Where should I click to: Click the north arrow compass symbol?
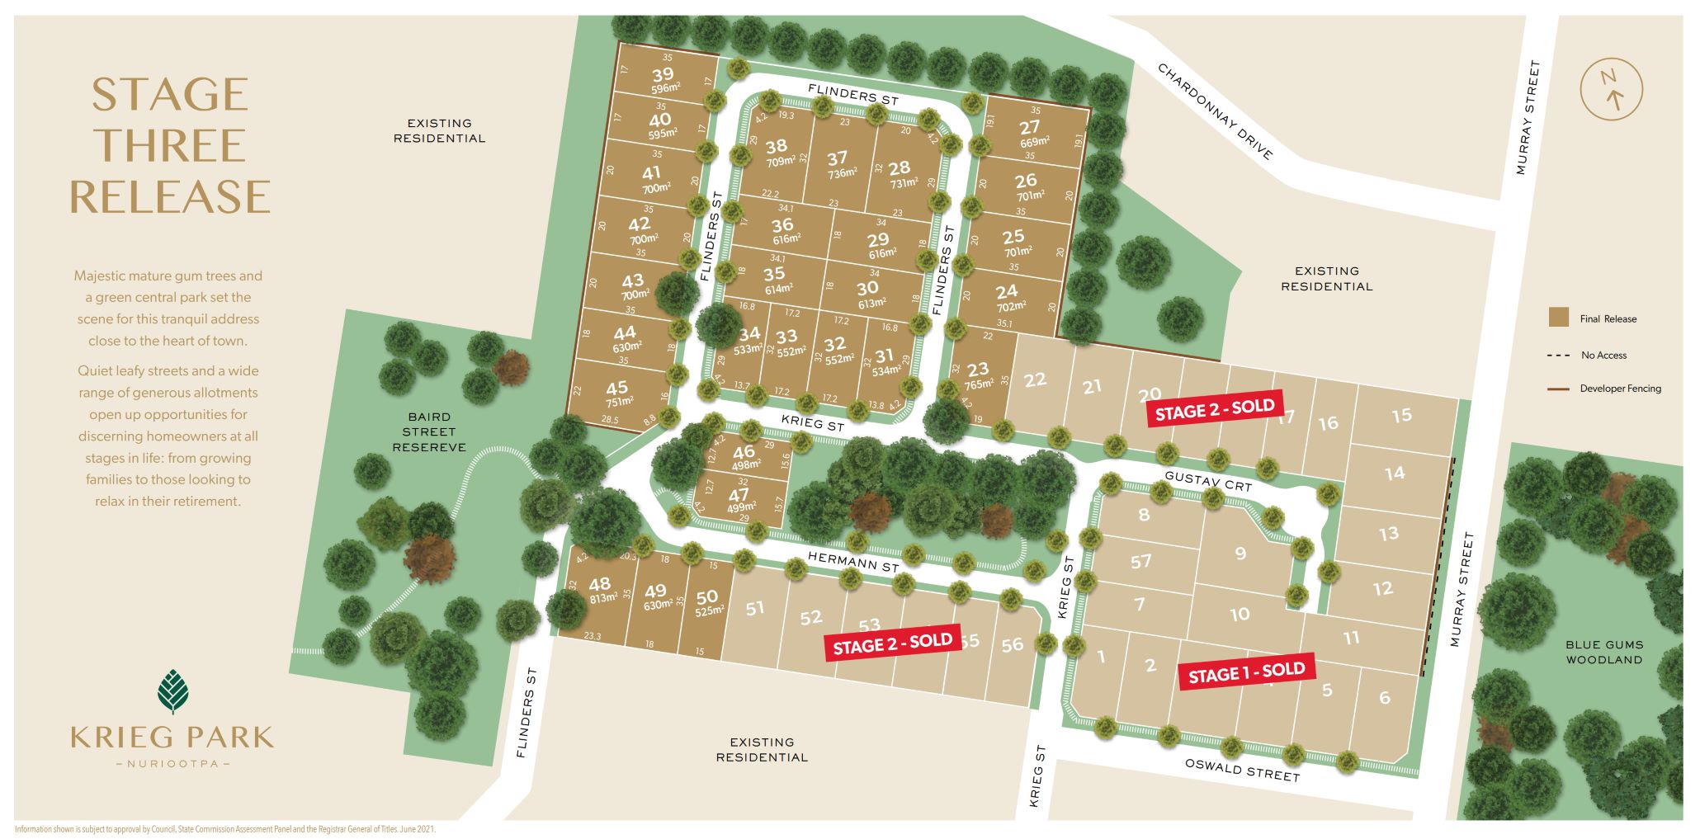point(1610,89)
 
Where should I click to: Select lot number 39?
point(663,76)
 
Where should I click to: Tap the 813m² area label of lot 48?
point(603,598)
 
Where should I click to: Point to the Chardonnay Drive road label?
point(1215,111)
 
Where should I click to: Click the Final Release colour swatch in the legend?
point(1558,318)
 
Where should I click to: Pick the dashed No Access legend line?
point(1557,356)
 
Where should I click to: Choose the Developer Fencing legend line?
point(1557,389)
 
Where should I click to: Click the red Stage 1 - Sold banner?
point(1246,673)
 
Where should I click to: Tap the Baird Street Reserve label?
point(429,432)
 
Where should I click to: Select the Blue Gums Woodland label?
point(1604,652)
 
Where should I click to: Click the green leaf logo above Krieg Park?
point(172,691)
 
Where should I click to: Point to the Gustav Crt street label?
point(1208,481)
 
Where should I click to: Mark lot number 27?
point(1029,128)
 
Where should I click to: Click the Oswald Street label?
point(1242,770)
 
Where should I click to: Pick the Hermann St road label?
point(852,562)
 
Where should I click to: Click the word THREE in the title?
point(170,146)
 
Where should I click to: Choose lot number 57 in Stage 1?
point(1140,562)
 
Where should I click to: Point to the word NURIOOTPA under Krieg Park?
point(172,764)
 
